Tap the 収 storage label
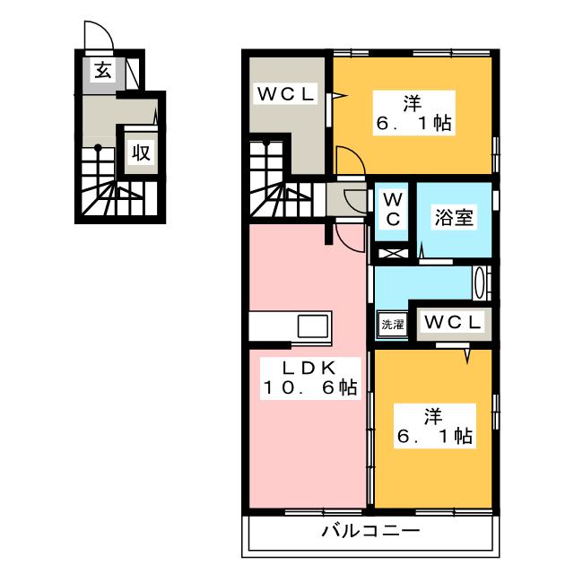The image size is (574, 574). coord(141,152)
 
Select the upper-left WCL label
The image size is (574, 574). coord(287,92)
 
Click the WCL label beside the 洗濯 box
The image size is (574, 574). coord(452,322)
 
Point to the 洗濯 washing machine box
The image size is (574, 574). coord(391,324)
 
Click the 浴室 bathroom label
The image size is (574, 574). coord(455,217)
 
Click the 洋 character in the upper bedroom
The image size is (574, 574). coord(413,102)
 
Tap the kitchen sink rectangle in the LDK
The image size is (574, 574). coord(310,325)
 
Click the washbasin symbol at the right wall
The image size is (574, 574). coord(482,283)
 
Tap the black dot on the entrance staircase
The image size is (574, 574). coord(97,148)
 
